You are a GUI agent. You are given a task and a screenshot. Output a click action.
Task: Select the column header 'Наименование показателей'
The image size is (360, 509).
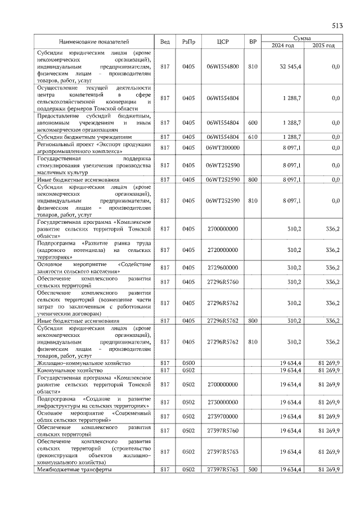coord(94,42)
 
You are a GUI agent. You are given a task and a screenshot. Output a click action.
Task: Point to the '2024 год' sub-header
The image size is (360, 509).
coord(282,45)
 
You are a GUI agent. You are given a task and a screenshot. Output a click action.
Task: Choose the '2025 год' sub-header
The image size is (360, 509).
coord(323,45)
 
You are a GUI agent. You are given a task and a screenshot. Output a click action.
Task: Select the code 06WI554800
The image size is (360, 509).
coord(222,66)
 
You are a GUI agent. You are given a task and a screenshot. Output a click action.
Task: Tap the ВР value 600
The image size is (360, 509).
coord(253,122)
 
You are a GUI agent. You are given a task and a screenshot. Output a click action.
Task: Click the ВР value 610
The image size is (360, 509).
coord(253,137)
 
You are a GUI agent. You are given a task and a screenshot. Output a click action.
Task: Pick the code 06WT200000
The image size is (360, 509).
coord(222,147)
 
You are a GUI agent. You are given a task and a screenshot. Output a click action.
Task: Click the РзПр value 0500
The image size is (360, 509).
coord(188,363)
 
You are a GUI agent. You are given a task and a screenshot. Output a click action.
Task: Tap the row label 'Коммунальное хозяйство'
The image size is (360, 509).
coord(70,371)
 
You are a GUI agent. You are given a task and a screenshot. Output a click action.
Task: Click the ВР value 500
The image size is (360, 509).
coord(253,469)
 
